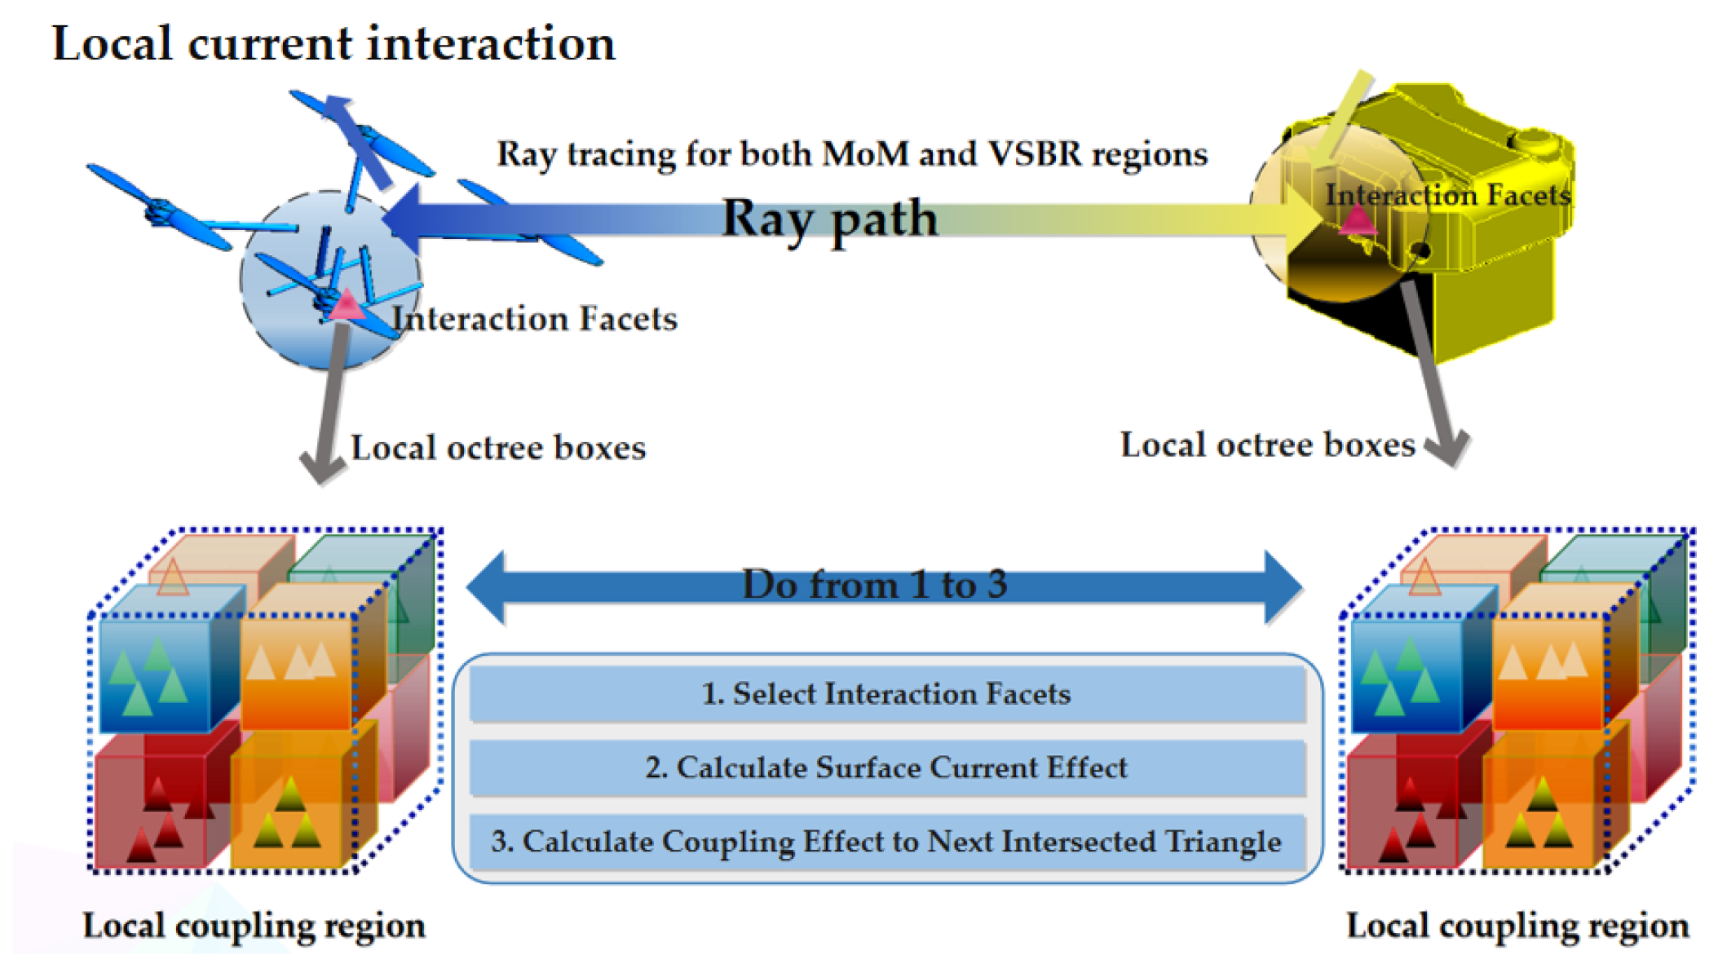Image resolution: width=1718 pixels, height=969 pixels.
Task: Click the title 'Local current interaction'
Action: pyautogui.click(x=333, y=44)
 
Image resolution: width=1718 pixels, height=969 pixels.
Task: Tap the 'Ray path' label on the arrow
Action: pyautogui.click(x=829, y=219)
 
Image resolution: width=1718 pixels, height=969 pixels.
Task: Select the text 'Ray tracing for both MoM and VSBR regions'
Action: pyautogui.click(x=851, y=154)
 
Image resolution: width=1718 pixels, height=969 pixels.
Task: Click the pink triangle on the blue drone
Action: pyautogui.click(x=347, y=305)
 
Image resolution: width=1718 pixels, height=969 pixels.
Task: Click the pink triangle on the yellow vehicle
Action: pyautogui.click(x=1357, y=220)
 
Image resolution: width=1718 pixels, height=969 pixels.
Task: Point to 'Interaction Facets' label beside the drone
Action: pyautogui.click(x=534, y=319)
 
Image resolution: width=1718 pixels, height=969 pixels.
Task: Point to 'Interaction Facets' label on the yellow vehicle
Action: pyautogui.click(x=1447, y=195)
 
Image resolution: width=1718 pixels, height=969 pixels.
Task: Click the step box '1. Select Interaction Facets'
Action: pyautogui.click(x=886, y=694)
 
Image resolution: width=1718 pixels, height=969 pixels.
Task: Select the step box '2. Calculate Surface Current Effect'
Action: pyautogui.click(x=886, y=768)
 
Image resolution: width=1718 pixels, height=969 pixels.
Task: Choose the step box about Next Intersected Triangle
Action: pyautogui.click(x=886, y=842)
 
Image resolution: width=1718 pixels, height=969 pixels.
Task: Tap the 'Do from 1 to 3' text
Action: pyautogui.click(x=874, y=585)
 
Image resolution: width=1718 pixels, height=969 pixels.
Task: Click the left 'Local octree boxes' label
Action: pyautogui.click(x=498, y=448)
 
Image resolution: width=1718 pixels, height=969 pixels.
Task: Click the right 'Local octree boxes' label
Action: pyautogui.click(x=1267, y=445)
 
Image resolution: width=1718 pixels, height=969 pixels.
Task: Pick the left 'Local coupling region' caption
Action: pyautogui.click(x=254, y=926)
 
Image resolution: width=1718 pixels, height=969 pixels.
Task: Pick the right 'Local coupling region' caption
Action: pyautogui.click(x=1517, y=926)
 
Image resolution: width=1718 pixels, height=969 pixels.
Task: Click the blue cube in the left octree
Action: pyautogui.click(x=155, y=673)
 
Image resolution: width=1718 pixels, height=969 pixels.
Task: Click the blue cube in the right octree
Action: pyautogui.click(x=1407, y=673)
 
